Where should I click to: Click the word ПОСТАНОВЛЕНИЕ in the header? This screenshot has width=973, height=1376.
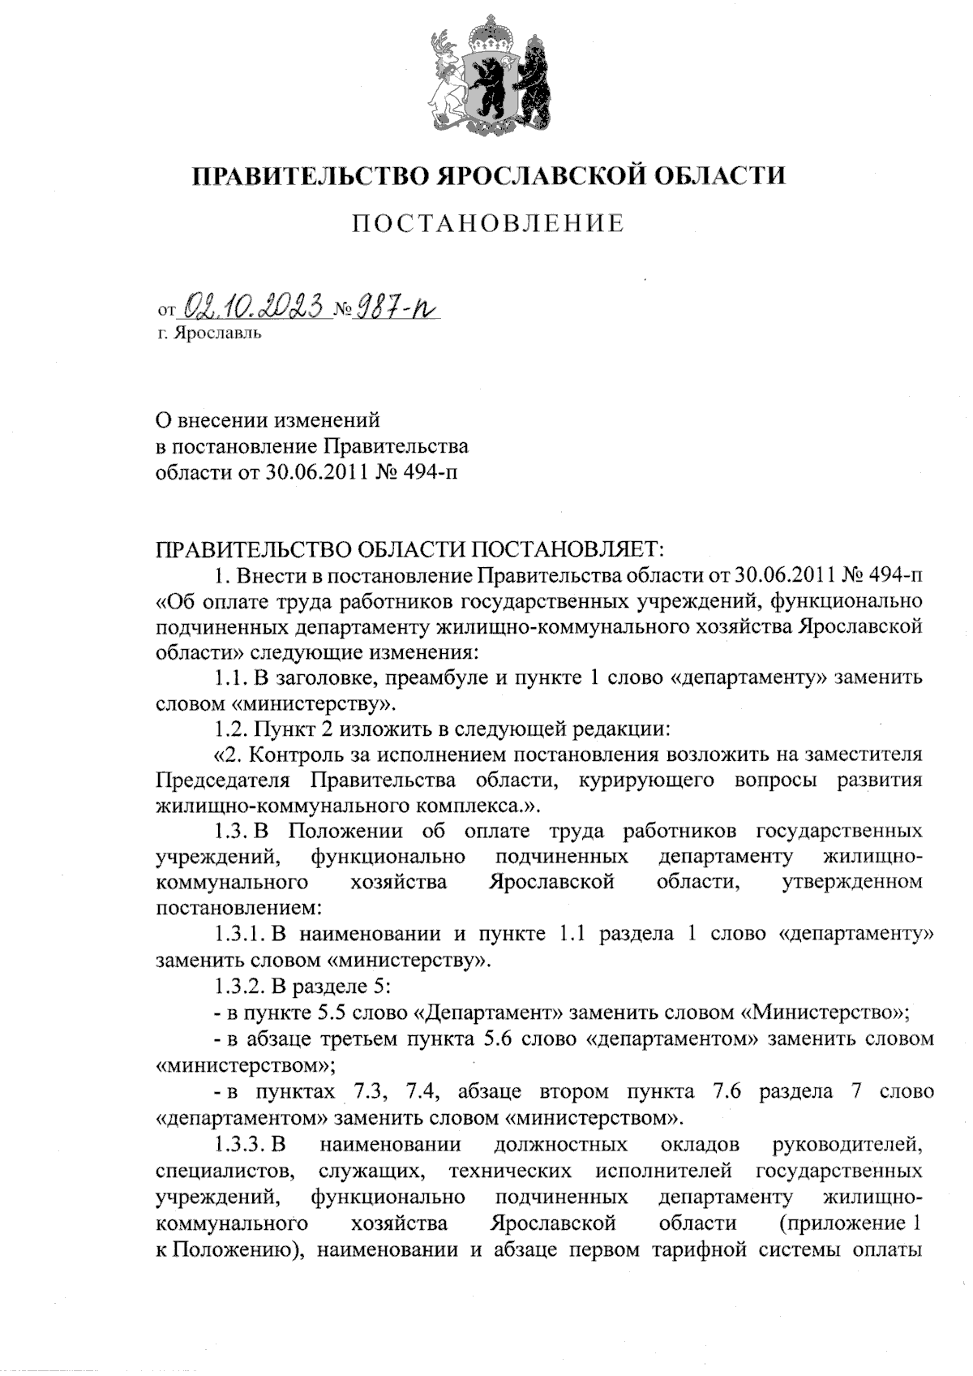pyautogui.click(x=487, y=223)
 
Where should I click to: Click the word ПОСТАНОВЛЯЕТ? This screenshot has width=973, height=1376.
pyautogui.click(x=568, y=550)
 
